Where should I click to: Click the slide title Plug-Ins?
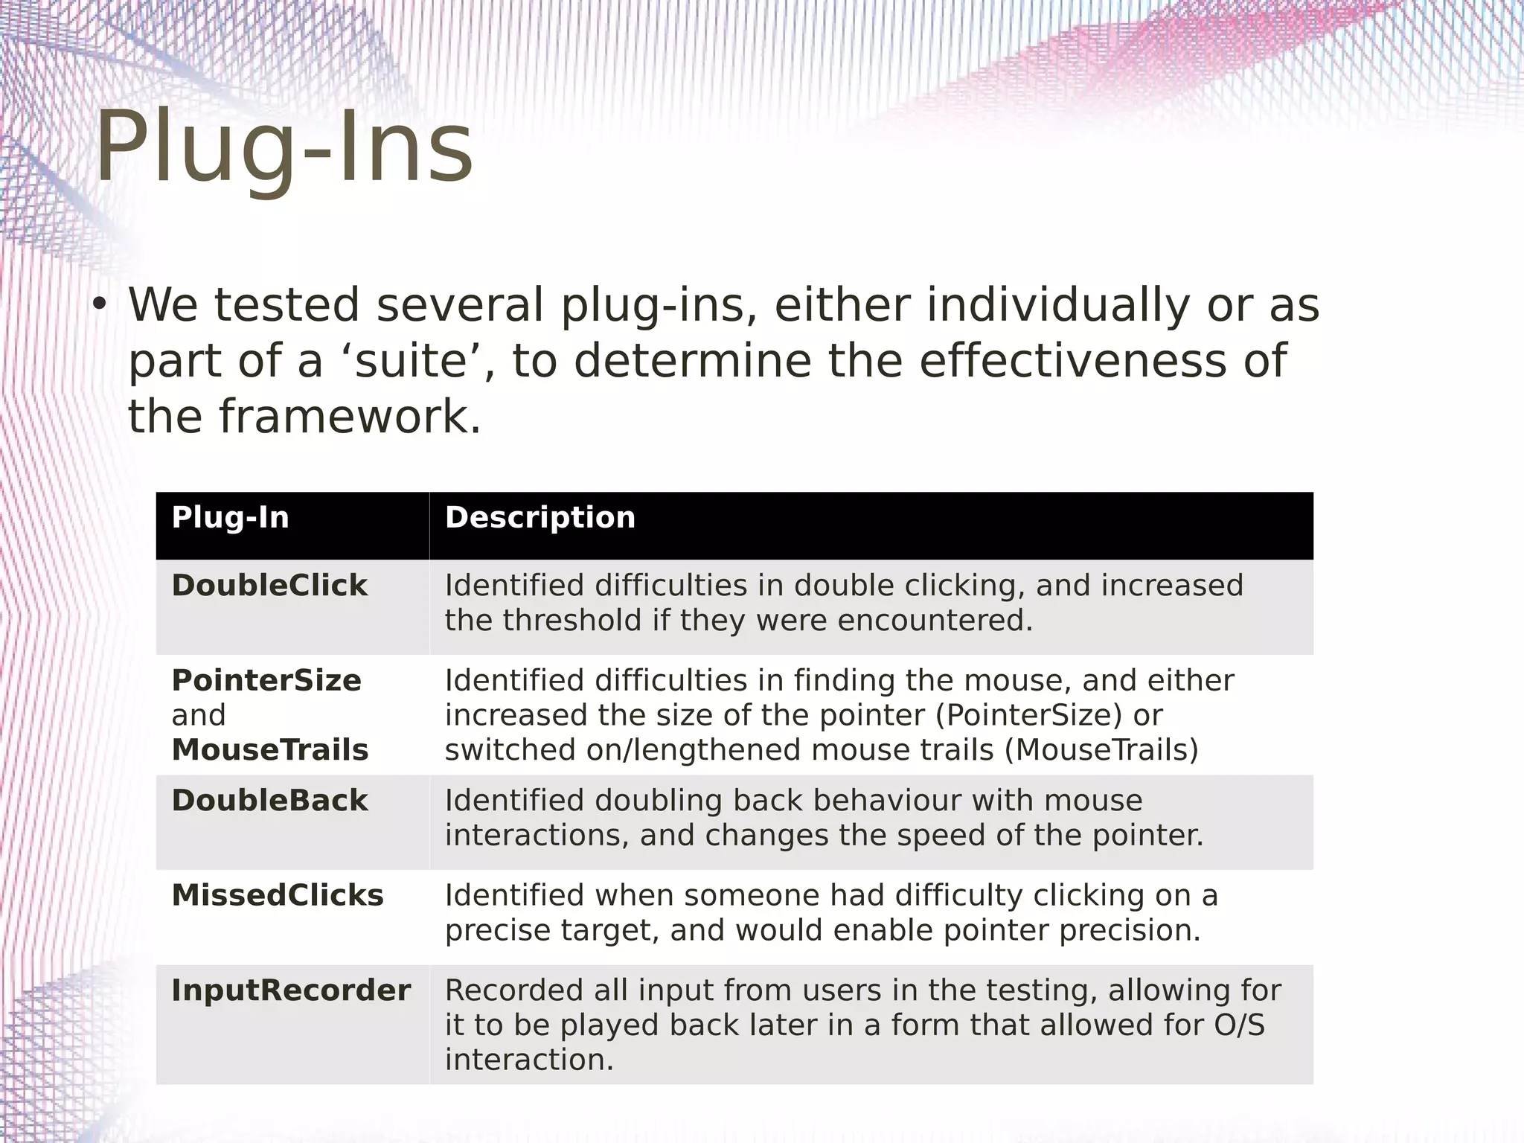tap(284, 149)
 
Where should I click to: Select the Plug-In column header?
tap(230, 518)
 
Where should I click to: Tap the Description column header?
tap(540, 518)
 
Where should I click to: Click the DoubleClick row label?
tap(269, 586)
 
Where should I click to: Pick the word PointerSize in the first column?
tap(266, 681)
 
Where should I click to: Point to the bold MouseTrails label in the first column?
tap(270, 750)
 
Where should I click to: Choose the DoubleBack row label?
tap(269, 801)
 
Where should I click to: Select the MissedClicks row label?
tap(278, 896)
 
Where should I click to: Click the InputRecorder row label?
tap(291, 991)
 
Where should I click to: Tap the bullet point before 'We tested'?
tap(100, 306)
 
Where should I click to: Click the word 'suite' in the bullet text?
tap(412, 361)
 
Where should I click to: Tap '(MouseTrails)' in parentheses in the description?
tap(1101, 750)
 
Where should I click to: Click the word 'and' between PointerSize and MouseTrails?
tap(198, 716)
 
